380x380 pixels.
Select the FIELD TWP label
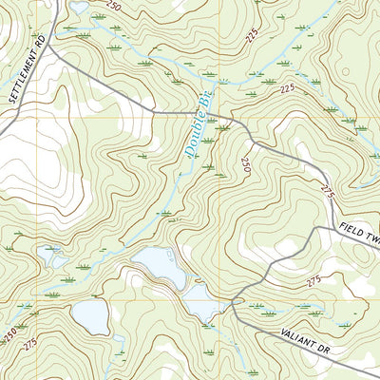click(359, 234)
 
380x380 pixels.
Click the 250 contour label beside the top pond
click(114, 8)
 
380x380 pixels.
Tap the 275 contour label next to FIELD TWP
click(329, 194)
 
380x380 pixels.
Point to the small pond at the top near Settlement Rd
click(79, 8)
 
